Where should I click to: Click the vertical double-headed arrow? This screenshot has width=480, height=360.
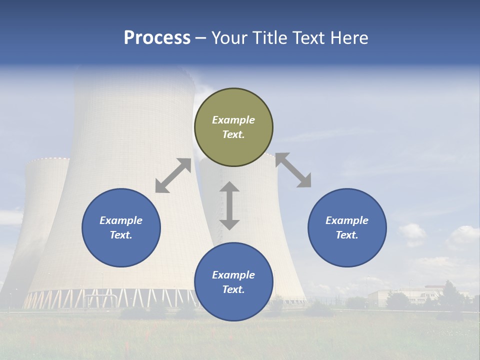point(229,205)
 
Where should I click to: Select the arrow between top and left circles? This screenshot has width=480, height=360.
point(173,175)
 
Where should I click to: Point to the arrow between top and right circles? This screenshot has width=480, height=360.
point(293,170)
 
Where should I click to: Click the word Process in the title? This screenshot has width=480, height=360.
point(157,38)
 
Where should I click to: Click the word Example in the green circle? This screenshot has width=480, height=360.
point(233,120)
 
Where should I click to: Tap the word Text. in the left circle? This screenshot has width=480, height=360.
point(121,235)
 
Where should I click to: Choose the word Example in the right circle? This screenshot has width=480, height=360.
point(347,220)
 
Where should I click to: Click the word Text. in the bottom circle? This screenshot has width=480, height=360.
point(233,289)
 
